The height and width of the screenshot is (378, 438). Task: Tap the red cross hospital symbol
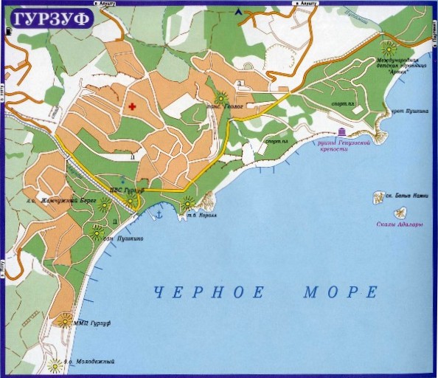tap(133, 108)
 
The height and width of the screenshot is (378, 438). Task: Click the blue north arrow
tap(238, 12)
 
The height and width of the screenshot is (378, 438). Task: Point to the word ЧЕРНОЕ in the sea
tap(209, 293)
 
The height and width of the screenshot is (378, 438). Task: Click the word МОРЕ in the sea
tap(341, 293)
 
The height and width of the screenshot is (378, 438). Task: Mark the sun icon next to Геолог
tap(220, 97)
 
